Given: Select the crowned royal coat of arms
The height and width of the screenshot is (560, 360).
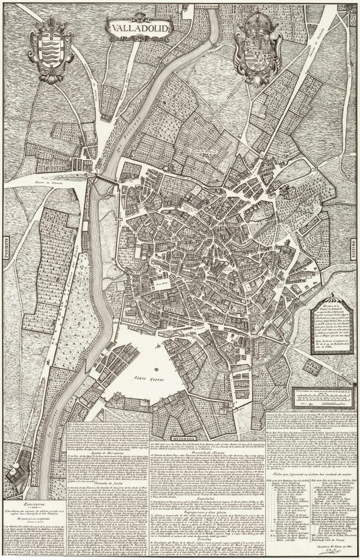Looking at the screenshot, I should [x=253, y=46].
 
